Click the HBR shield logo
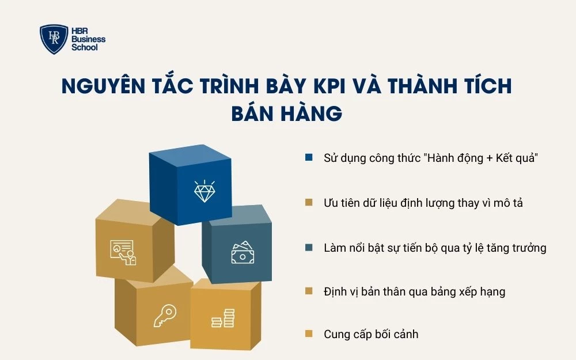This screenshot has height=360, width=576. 54,39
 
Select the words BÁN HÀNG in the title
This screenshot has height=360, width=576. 287,113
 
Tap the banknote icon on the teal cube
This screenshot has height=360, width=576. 242,253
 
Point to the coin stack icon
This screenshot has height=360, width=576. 223,318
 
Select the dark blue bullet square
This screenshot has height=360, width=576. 309,157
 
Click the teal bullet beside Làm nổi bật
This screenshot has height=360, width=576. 309,248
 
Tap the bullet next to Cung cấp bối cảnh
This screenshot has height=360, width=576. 309,334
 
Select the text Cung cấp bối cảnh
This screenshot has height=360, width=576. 371,334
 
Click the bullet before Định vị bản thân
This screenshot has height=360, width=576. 309,291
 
